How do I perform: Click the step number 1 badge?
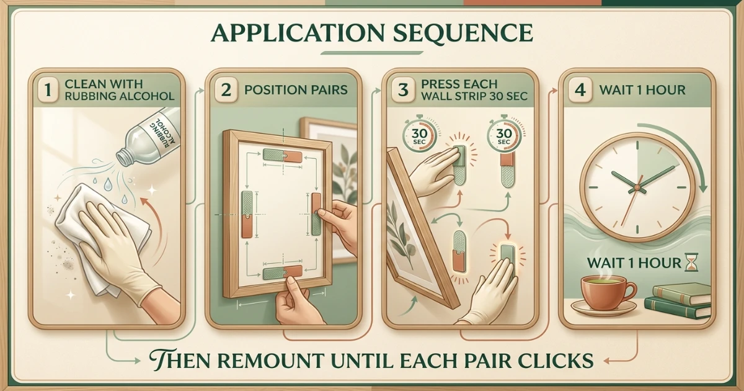click(x=48, y=89)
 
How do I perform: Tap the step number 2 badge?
click(x=226, y=90)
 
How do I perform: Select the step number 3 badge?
click(x=403, y=90)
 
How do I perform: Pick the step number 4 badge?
click(x=580, y=90)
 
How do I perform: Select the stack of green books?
click(x=678, y=300)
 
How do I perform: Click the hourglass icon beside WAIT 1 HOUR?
click(x=693, y=262)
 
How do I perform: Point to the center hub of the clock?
click(x=637, y=187)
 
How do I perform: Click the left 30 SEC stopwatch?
click(x=419, y=135)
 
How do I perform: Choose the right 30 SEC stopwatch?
click(x=504, y=135)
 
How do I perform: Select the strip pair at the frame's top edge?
click(x=283, y=155)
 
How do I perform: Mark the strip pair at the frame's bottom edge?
click(x=283, y=272)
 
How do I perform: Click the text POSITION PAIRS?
click(x=296, y=90)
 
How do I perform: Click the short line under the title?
click(x=371, y=53)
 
